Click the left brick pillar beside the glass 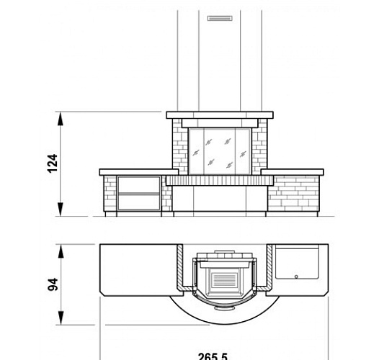(x=179, y=146)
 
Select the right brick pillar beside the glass (x=259, y=146)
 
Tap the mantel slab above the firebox (x=220, y=114)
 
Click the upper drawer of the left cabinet (x=140, y=184)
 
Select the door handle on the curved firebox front (x=220, y=309)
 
